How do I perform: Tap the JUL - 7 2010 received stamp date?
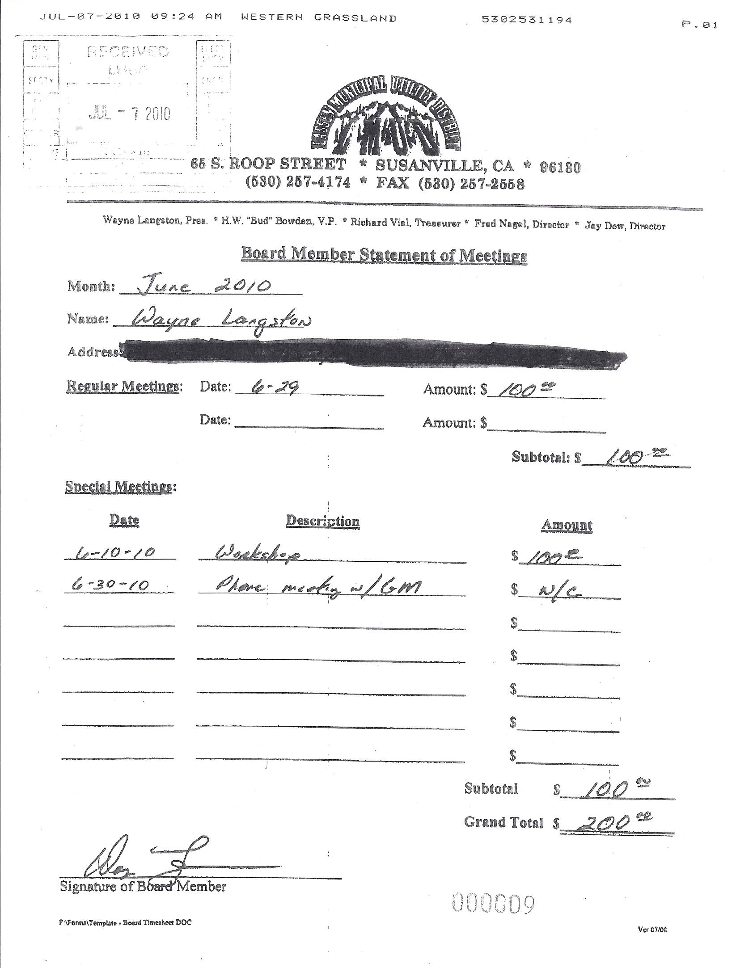coord(129,114)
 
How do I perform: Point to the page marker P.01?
coord(699,25)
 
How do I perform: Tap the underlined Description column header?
coord(322,521)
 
